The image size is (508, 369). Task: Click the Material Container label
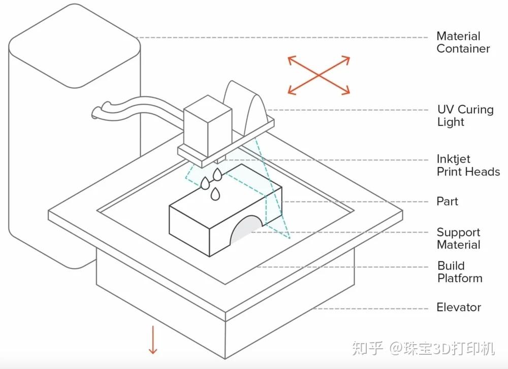pos(463,43)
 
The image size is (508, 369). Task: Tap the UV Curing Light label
pos(465,116)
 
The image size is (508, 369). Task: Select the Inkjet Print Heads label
pos(468,165)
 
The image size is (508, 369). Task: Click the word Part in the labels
pos(447,202)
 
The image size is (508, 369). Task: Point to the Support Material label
pos(458,239)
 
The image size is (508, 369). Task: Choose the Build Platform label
pos(459,272)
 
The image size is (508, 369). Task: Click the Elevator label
pos(458,307)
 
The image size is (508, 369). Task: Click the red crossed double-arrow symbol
pos(319,75)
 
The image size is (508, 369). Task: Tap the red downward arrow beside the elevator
pos(152,341)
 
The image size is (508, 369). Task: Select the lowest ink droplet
pos(215,193)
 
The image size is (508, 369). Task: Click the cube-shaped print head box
pos(207,127)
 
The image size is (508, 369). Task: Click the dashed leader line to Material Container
pos(284,37)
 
